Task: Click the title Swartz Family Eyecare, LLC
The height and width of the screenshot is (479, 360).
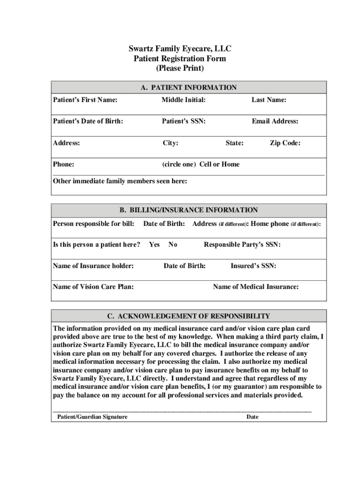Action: pos(180,49)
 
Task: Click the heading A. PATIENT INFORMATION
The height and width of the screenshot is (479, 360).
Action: pos(188,87)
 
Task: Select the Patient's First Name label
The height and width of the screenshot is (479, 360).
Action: pos(85,100)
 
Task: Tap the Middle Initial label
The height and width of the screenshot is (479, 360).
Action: pos(184,100)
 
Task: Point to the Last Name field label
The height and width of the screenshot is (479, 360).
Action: pos(269,100)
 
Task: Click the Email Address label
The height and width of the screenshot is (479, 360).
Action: pos(275,121)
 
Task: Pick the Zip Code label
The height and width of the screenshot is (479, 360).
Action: pos(285,143)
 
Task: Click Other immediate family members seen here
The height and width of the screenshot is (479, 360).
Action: pos(120,181)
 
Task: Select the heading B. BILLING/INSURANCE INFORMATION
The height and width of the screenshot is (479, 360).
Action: pos(188,210)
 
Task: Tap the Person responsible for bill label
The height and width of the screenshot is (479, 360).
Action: pos(94,224)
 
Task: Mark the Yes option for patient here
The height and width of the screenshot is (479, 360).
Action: pos(154,245)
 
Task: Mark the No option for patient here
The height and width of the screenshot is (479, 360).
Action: pos(173,245)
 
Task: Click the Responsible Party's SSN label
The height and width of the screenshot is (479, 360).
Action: pos(242,245)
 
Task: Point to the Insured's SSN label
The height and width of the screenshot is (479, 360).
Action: pos(253,266)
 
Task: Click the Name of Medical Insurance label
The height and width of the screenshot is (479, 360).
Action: pos(256,287)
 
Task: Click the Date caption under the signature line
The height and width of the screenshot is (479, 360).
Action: pos(252,417)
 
